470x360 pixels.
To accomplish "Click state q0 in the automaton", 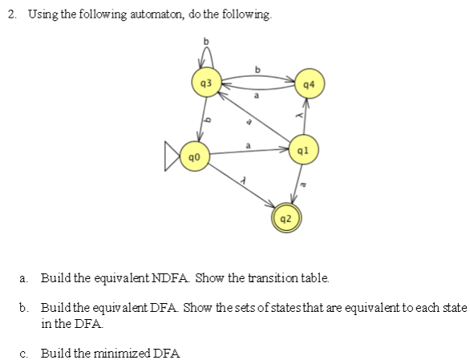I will coord(193,154).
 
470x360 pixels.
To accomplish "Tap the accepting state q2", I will coord(286,217).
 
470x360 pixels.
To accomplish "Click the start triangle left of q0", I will coord(170,154).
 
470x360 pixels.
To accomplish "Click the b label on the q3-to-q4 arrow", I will coord(256,69).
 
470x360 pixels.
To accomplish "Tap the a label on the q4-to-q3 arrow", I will coord(257,94).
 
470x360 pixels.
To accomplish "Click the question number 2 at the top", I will coord(7,15).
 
